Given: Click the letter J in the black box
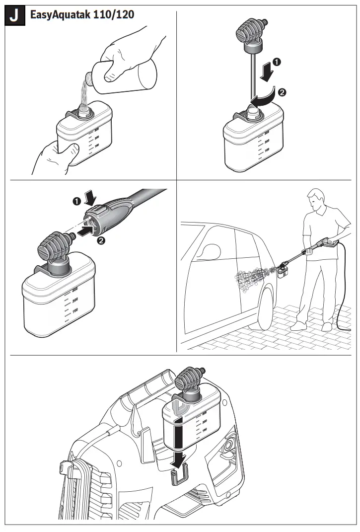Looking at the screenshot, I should click(15, 16).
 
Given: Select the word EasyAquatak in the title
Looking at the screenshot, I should click(60, 15).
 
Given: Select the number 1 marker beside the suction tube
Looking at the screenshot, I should click(277, 62).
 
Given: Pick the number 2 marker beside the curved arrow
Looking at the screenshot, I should click(282, 93).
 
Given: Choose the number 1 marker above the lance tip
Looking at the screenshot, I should click(77, 201).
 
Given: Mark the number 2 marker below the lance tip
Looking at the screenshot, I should click(101, 241).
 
